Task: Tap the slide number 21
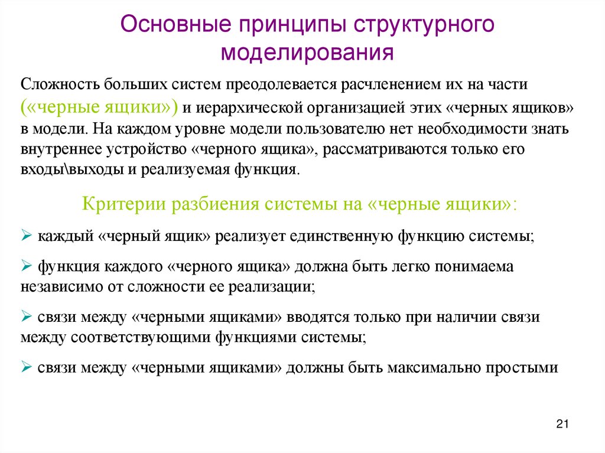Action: (562, 423)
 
